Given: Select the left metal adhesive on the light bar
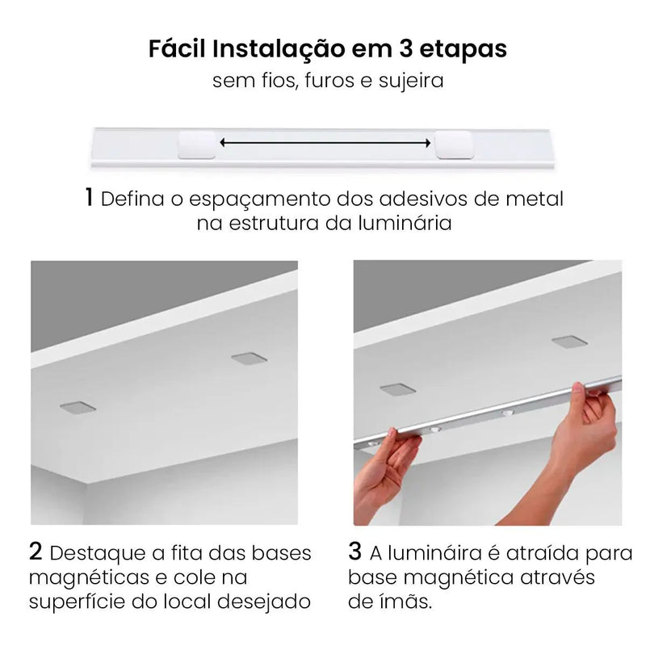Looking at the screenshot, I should [x=197, y=144].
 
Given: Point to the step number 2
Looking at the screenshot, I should [x=36, y=553].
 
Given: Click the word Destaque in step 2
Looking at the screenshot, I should [x=95, y=554].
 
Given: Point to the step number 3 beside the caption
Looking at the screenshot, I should [x=355, y=553].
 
